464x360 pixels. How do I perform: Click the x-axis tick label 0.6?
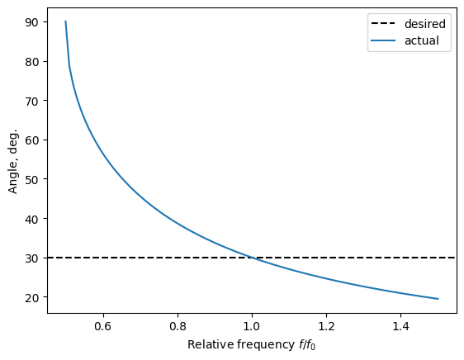[103, 326]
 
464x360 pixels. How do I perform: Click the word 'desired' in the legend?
[425, 24]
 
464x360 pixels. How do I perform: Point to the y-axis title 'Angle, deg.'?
[12, 160]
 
